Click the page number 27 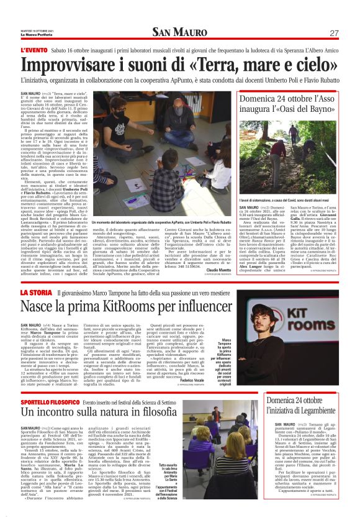[333, 33]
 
